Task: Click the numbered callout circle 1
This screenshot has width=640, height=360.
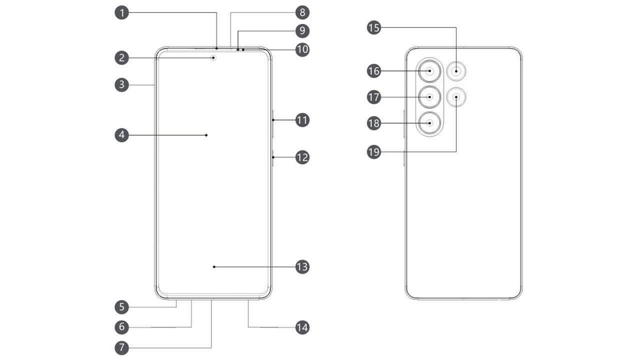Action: [x=121, y=12]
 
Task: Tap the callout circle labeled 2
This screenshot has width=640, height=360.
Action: [x=121, y=58]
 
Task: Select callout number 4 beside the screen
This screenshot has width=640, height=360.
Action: [x=121, y=135]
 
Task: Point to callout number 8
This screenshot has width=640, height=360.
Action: [x=302, y=12]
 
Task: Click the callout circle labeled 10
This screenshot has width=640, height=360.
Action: [x=302, y=50]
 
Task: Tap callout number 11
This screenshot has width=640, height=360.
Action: [x=302, y=120]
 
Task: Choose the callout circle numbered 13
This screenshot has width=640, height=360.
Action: [x=302, y=267]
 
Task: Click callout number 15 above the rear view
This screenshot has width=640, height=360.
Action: [x=373, y=27]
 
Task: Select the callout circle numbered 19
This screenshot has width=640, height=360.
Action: [x=373, y=152]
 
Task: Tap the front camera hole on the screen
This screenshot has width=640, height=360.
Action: [x=214, y=57]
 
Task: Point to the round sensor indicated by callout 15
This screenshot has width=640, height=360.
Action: [x=456, y=71]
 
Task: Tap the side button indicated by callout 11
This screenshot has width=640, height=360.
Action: [x=273, y=120]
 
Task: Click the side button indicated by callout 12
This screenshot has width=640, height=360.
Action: [x=273, y=158]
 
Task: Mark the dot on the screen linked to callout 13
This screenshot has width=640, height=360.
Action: [x=214, y=267]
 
